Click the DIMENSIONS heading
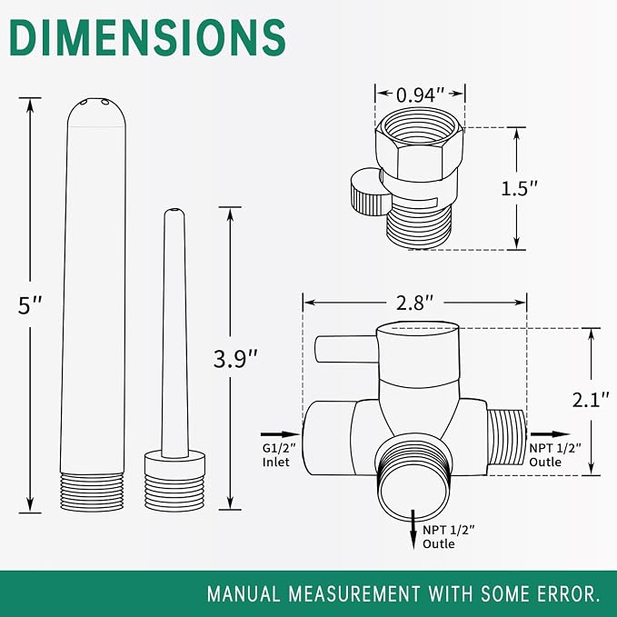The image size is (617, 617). point(147,37)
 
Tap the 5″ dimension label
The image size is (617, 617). point(30,305)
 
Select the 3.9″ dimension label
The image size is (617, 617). point(235,359)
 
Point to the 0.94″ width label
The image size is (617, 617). point(420,95)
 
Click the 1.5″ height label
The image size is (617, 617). point(519,188)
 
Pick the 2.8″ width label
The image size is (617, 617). point(414,303)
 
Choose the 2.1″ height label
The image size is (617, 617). point(591,400)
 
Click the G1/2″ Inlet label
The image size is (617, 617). point(279,455)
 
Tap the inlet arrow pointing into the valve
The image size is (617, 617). point(281,434)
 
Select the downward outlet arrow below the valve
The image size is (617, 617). point(413,530)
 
